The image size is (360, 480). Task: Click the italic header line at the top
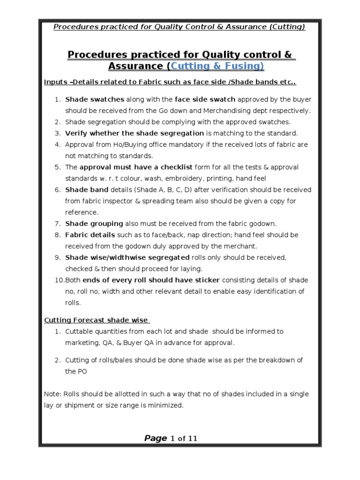[x=180, y=27]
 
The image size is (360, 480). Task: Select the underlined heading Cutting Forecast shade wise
[x=97, y=320]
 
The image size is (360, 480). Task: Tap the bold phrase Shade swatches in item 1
[x=95, y=99]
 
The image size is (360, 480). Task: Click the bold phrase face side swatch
[x=205, y=99]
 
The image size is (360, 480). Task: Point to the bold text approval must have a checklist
[x=136, y=167]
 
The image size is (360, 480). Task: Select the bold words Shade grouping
[x=94, y=224]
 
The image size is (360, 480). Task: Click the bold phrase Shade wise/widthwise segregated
[x=127, y=257]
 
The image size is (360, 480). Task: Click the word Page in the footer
[x=156, y=439]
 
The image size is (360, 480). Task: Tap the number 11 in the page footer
[x=192, y=439]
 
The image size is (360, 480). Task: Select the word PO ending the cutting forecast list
[x=70, y=371]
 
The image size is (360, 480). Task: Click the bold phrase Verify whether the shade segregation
[x=135, y=133]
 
